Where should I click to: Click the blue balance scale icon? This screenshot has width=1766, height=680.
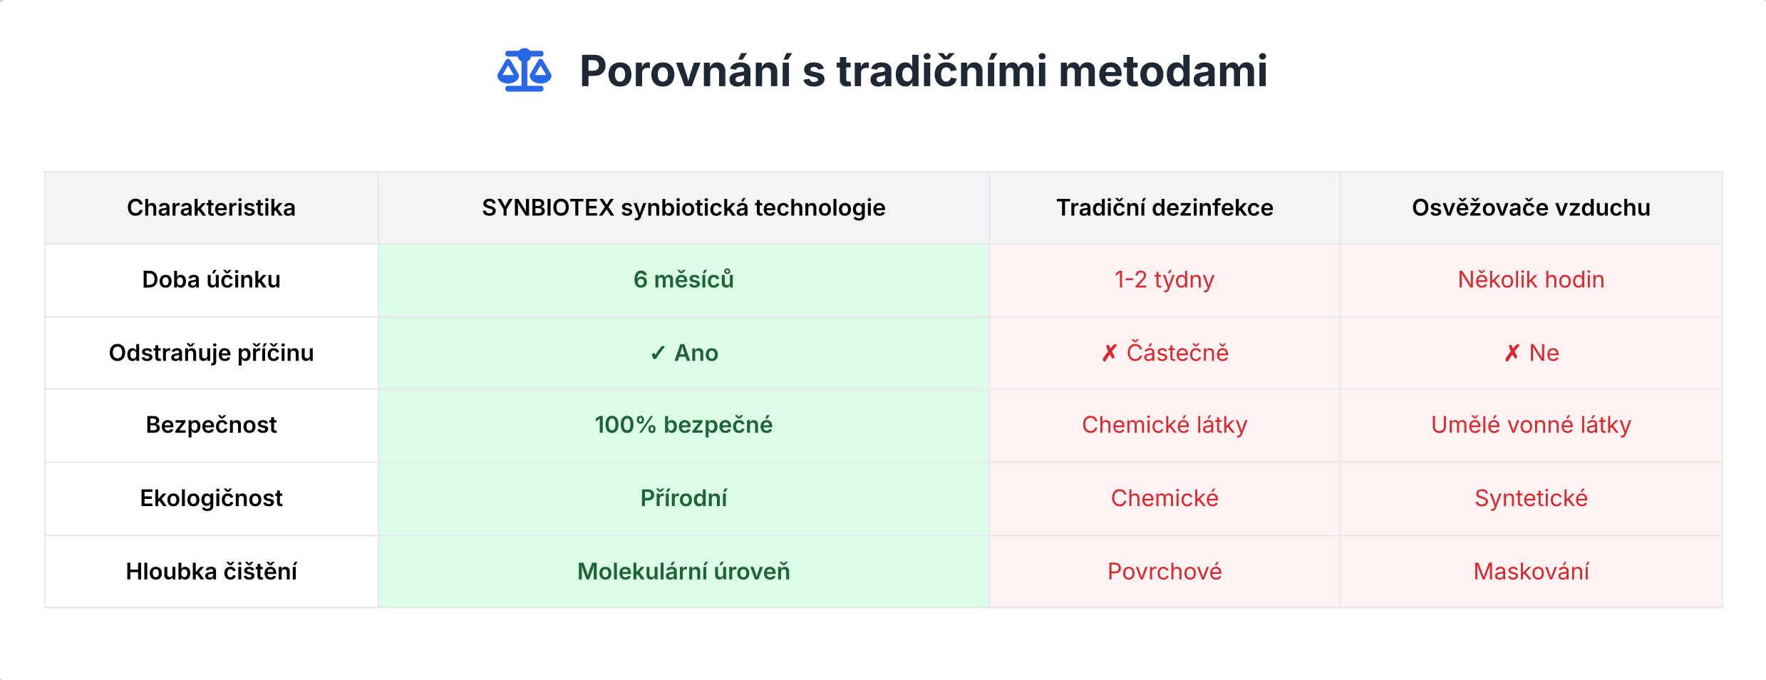point(525,70)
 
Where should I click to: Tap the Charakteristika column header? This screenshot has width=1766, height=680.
point(211,207)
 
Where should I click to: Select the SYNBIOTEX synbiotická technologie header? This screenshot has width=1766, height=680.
point(683,207)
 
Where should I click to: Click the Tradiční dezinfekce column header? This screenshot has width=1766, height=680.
point(1165,207)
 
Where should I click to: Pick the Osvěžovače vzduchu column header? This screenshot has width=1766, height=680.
point(1531,207)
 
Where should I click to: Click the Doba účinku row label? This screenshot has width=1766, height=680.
point(211,279)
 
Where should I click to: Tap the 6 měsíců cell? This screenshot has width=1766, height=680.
point(683,279)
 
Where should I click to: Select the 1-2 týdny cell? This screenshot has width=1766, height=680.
point(1165,280)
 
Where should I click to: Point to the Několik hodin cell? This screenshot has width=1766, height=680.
point(1531,279)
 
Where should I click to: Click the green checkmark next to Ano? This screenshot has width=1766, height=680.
point(658,354)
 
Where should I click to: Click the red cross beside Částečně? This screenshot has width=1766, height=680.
point(1110,354)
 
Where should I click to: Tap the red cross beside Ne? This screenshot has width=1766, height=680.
point(1512,354)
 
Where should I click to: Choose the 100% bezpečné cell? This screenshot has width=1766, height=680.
point(683,425)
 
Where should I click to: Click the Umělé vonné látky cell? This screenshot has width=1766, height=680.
point(1531,425)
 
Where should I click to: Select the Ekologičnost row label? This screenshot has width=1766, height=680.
point(211,498)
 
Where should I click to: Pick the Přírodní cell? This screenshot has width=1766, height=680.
point(683,498)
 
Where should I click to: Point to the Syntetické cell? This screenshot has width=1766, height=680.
point(1531,499)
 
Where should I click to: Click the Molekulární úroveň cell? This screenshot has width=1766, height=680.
point(683,572)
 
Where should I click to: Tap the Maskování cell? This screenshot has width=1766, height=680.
point(1531,572)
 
